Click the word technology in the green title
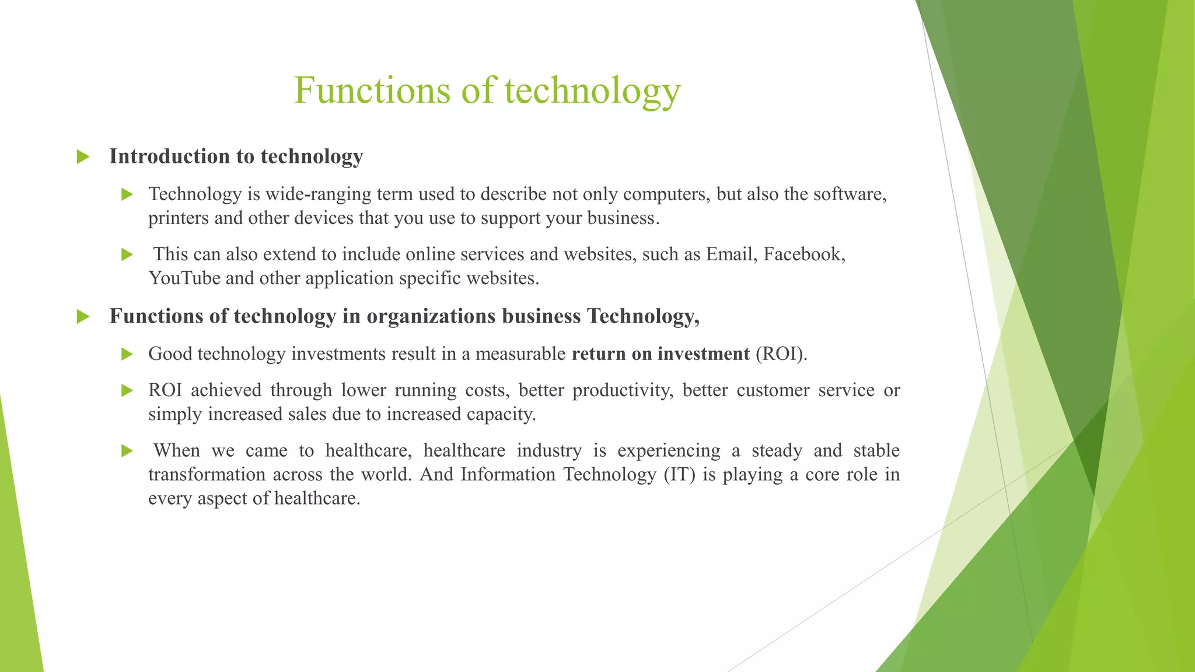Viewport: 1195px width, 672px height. coord(592,92)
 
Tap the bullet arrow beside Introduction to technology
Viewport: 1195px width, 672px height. coord(83,157)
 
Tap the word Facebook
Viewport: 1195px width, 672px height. coord(804,254)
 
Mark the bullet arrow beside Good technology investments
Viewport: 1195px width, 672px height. coord(127,354)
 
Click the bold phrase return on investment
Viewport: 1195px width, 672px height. coord(661,354)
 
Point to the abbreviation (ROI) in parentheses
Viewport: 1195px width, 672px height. coord(781,354)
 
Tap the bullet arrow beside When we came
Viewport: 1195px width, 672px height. coord(127,451)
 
